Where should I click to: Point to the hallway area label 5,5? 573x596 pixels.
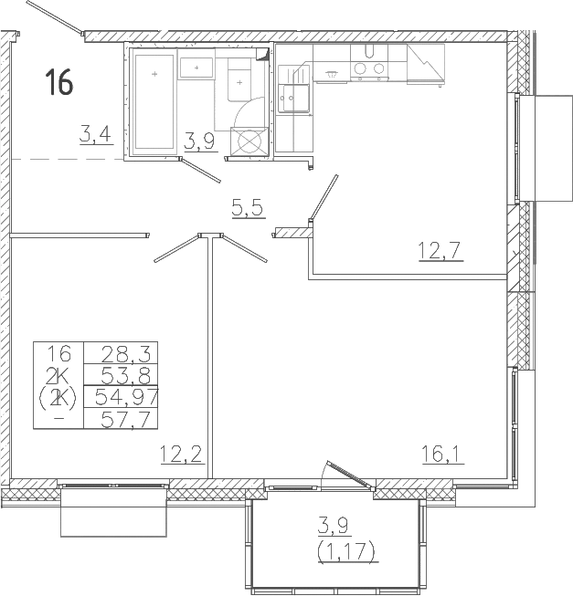247,208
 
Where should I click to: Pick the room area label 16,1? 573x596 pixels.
441,453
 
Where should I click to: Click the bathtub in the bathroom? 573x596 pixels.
154,100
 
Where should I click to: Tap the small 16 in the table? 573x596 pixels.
59,353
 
